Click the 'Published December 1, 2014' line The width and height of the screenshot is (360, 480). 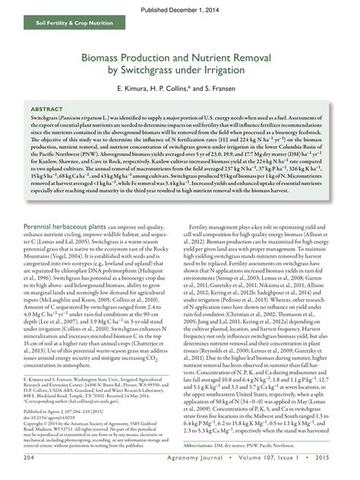(180, 9)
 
